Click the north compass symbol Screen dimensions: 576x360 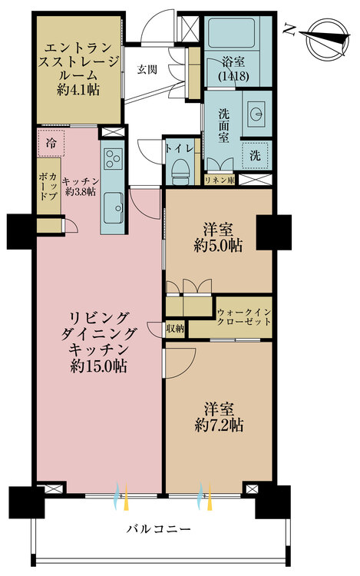323,38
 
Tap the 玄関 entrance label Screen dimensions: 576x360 147,68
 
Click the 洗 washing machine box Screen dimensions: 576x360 255,154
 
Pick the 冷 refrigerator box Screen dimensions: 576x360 51,144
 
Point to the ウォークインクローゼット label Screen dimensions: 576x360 243,317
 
